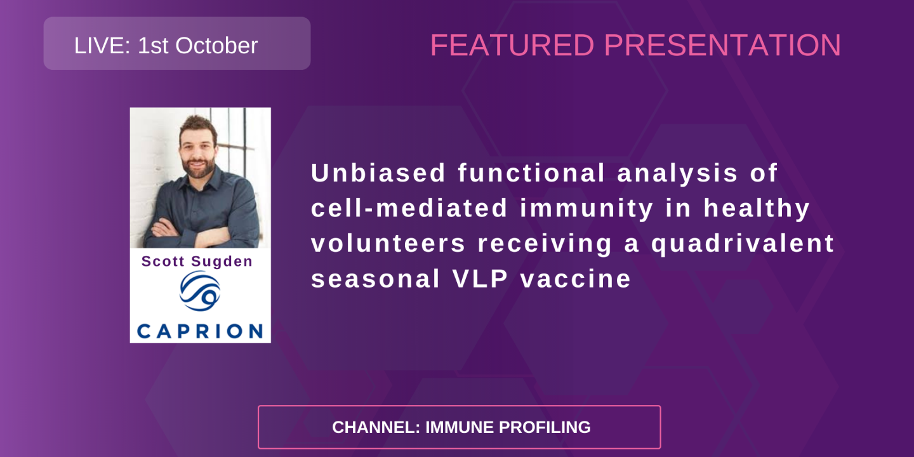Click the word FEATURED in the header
(512, 46)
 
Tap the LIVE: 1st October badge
(176, 43)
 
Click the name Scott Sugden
(197, 262)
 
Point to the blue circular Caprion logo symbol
(199, 291)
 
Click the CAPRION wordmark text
(200, 331)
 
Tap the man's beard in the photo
(197, 167)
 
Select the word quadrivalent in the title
(743, 244)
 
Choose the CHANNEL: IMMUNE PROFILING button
(459, 427)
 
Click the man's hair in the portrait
(198, 124)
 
